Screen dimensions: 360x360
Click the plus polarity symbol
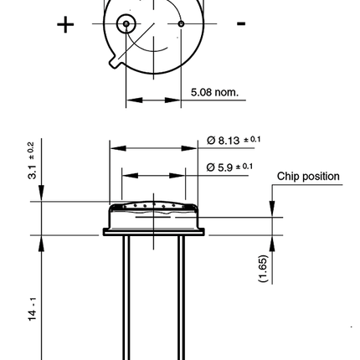65,24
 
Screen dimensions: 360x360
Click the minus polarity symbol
241,23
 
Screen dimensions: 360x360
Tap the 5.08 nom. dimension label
214,92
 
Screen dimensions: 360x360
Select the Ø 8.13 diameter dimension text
234,140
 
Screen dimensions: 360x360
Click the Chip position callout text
308,177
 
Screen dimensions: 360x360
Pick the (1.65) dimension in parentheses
264,269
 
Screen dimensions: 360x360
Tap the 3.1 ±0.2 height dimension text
32,161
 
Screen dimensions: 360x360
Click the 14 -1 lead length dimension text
33,309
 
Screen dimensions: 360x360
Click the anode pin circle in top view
126,24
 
